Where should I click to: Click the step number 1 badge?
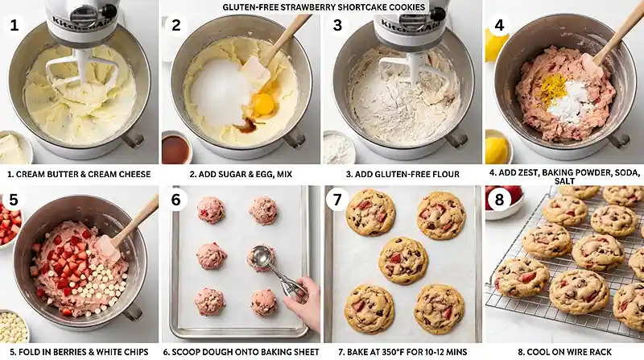(14, 24)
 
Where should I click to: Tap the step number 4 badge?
(499, 24)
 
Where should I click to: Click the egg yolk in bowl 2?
(263, 104)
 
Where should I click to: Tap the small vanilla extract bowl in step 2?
(176, 147)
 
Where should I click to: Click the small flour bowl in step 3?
(339, 148)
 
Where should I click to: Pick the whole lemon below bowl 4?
(497, 148)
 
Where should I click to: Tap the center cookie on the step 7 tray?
(403, 260)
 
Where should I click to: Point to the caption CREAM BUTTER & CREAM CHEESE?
(80, 173)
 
